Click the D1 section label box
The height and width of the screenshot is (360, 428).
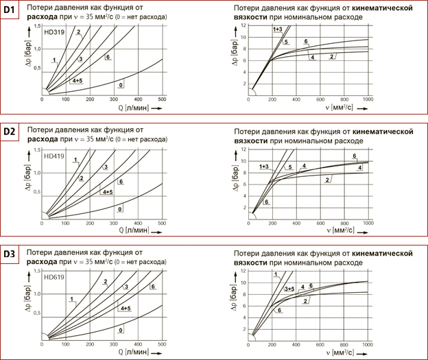(x=12, y=12)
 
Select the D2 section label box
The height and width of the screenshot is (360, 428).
(x=12, y=130)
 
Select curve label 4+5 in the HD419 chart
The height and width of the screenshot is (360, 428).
(x=107, y=193)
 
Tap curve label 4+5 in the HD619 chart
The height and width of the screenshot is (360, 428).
(x=126, y=309)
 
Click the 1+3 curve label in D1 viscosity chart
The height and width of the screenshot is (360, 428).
(x=276, y=29)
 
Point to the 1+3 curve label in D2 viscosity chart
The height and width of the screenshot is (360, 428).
(x=264, y=167)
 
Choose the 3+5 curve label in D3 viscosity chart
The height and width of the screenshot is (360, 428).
(x=289, y=289)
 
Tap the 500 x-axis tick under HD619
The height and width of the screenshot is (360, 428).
(x=162, y=341)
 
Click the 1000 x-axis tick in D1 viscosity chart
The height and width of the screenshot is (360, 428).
(x=368, y=99)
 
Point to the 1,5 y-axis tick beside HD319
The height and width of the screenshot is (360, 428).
(x=38, y=25)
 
